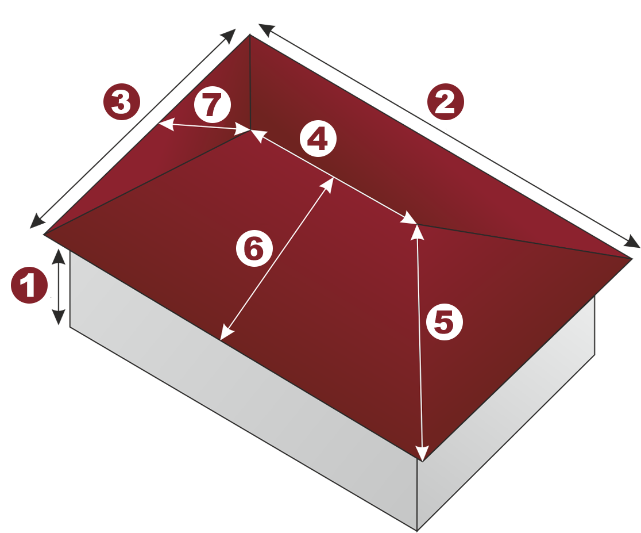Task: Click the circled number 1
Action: tap(29, 285)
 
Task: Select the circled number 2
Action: tap(446, 102)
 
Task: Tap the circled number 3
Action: tap(121, 102)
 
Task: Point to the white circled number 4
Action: tap(318, 139)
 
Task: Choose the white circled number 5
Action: tap(445, 322)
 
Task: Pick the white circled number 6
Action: tap(254, 248)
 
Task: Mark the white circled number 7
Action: tap(212, 105)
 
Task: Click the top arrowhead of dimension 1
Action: tap(59, 256)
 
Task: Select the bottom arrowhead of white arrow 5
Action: tap(422, 453)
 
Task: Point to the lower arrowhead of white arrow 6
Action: tap(226, 332)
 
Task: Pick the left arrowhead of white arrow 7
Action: tap(165, 124)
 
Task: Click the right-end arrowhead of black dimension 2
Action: tap(632, 242)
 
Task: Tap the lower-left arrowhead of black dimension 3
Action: tap(37, 221)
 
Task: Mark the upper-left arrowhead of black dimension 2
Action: tap(266, 30)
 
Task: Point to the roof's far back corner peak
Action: tap(250, 35)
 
